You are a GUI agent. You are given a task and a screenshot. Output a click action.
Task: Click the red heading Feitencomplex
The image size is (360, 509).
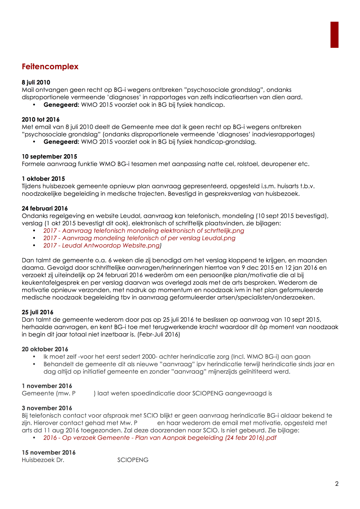point(50,67)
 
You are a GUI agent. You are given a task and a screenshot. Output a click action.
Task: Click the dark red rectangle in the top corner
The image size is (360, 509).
point(334,35)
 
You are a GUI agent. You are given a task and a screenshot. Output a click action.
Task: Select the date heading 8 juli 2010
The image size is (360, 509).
point(36,82)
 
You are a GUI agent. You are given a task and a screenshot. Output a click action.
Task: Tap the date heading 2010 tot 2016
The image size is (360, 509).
point(41,119)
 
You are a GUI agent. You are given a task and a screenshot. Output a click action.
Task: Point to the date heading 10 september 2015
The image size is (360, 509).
point(49,157)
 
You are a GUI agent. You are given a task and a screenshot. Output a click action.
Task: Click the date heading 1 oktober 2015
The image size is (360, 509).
point(43,179)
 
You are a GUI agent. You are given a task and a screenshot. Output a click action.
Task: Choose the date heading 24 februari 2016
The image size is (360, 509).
point(45,209)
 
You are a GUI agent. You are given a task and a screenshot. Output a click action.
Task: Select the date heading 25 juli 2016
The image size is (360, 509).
point(38,312)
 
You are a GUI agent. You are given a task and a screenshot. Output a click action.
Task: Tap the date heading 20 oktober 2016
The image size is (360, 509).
point(45,349)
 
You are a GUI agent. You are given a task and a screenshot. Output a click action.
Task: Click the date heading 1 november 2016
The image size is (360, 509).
point(47,386)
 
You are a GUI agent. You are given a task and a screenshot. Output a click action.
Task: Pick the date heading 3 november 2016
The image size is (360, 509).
point(47,408)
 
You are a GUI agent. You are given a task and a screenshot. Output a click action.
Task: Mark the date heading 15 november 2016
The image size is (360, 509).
point(49,453)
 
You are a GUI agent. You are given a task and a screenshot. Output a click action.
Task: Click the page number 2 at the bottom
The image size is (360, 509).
point(337,484)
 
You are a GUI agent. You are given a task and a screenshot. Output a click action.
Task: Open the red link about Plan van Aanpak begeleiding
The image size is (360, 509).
point(160,438)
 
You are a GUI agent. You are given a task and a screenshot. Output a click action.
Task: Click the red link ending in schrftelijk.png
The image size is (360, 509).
point(144,231)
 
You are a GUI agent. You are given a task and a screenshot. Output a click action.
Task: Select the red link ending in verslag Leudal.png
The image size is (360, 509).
point(139,238)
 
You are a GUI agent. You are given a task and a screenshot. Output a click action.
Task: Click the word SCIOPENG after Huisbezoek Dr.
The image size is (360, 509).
point(133,460)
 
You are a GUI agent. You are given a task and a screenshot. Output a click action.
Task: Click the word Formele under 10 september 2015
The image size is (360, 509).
point(33,164)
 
